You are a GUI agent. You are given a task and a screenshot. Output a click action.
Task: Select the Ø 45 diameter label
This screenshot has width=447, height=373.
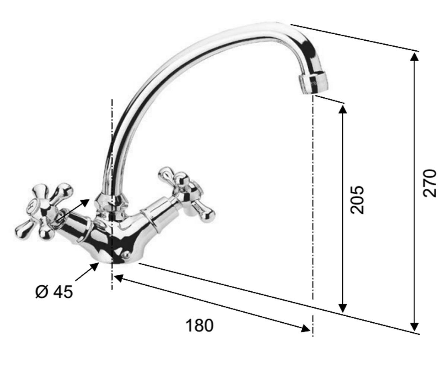pos(54,292)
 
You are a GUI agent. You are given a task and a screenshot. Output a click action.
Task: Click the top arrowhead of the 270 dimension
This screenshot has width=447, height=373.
pos(415,57)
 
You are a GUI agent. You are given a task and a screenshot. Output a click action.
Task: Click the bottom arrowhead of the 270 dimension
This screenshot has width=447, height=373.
pos(415,326)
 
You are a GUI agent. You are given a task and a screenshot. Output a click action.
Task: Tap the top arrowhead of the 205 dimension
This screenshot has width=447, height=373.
pos(343,110)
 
